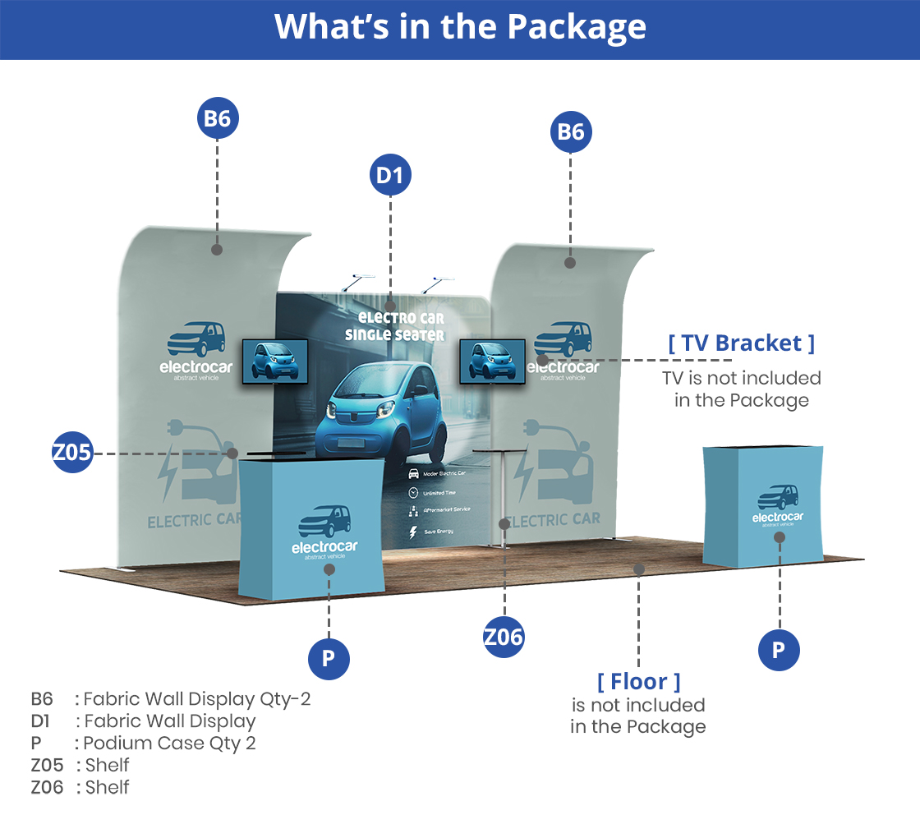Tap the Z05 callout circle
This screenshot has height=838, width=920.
pyautogui.click(x=72, y=453)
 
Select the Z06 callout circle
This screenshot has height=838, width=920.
pyautogui.click(x=504, y=637)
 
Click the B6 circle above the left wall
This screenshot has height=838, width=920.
pyautogui.click(x=217, y=118)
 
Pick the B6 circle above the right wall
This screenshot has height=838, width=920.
pyautogui.click(x=571, y=132)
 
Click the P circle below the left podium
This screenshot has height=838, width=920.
pyautogui.click(x=329, y=658)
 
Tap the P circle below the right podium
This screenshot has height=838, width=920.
pyautogui.click(x=778, y=651)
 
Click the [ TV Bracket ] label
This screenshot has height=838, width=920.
pyautogui.click(x=742, y=343)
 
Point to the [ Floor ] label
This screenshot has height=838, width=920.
pyautogui.click(x=638, y=681)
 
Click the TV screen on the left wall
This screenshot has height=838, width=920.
pyautogui.click(x=275, y=361)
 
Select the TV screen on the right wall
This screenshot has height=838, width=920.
pyautogui.click(x=492, y=361)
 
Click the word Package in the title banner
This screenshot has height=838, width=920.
pyautogui.click(x=577, y=27)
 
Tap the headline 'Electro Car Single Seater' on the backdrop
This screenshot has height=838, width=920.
pyautogui.click(x=394, y=326)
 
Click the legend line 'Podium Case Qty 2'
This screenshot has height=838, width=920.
pyautogui.click(x=169, y=744)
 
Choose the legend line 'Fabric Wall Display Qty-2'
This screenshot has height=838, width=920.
pyautogui.click(x=197, y=700)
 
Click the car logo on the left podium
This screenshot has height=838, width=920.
pyautogui.click(x=324, y=521)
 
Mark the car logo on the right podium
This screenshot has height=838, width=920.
pyautogui.click(x=778, y=497)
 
